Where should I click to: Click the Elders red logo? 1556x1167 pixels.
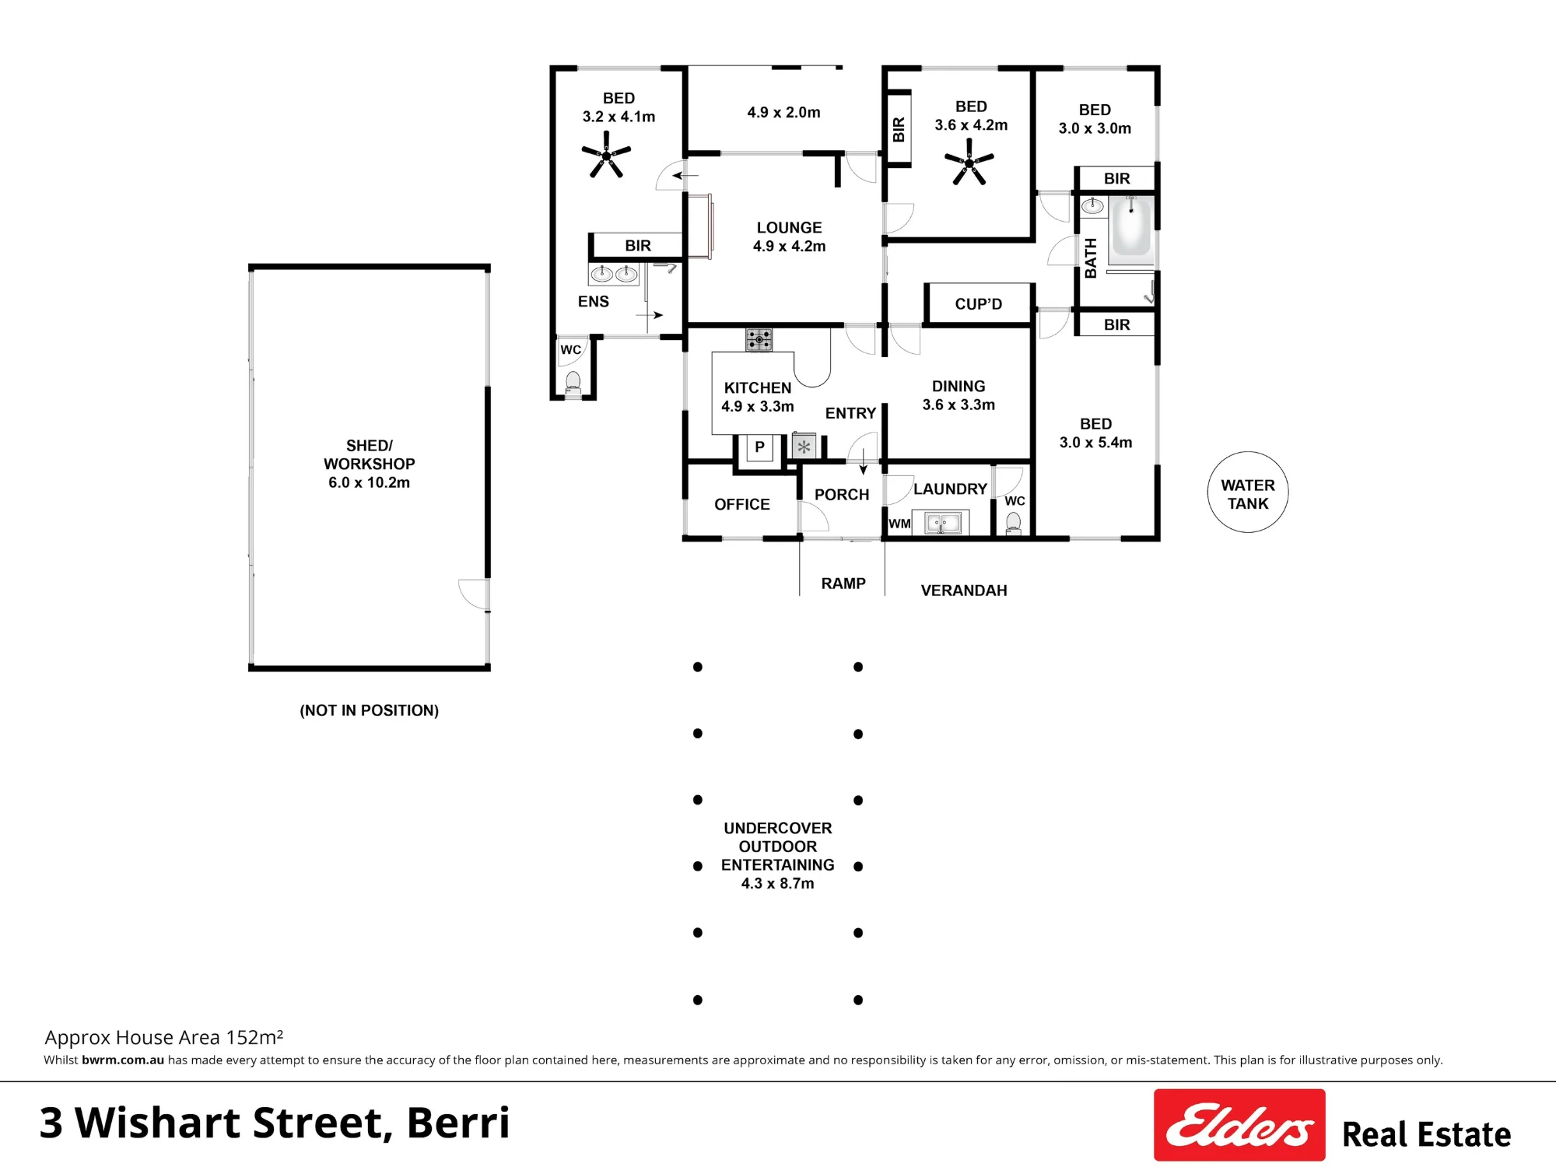tap(1239, 1125)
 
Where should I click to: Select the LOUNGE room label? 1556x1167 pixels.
tap(789, 228)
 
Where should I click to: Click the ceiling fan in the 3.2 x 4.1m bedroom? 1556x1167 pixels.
tap(606, 155)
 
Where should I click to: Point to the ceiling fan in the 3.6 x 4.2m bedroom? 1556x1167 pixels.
tap(969, 162)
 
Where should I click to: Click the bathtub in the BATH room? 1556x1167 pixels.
tap(1131, 226)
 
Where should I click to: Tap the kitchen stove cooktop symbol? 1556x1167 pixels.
tap(759, 339)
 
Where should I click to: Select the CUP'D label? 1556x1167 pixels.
tap(979, 304)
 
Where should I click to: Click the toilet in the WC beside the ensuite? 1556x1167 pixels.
tap(573, 384)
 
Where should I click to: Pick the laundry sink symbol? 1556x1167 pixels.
tap(941, 523)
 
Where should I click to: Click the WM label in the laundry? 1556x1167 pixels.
tap(899, 524)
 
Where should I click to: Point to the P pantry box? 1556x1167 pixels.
tap(759, 447)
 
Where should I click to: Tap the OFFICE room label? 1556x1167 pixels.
tap(742, 504)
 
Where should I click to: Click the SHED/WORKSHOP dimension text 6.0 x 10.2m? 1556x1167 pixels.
tap(369, 482)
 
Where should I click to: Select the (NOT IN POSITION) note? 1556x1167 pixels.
tap(370, 710)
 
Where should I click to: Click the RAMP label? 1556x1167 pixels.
tap(843, 583)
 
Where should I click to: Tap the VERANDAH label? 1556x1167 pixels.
tap(964, 591)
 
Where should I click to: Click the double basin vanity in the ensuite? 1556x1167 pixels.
tap(614, 274)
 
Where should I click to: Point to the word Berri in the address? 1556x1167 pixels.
tap(457, 1122)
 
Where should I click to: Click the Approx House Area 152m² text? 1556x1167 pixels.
tap(164, 1037)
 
